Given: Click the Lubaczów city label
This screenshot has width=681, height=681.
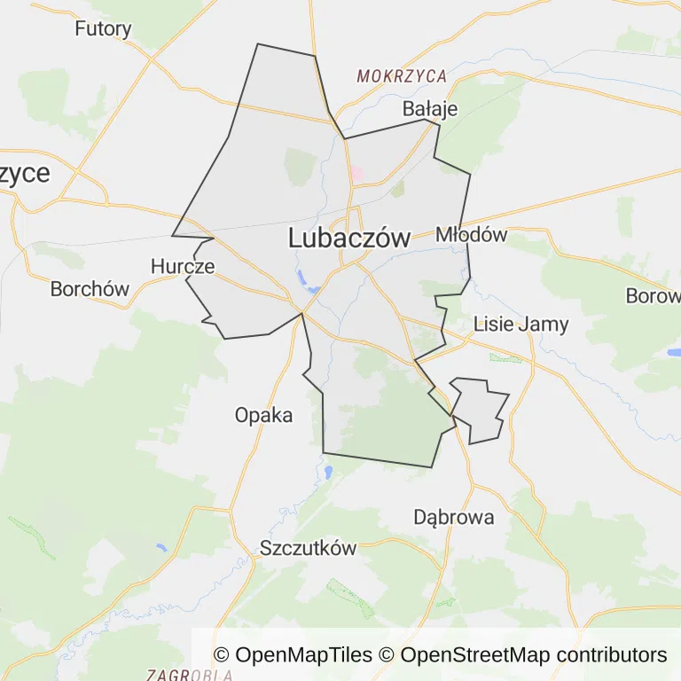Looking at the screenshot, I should pos(349,238).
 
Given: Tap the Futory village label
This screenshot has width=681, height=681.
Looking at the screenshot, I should pos(103,28).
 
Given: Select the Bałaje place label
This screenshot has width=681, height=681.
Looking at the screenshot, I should pos(430,109).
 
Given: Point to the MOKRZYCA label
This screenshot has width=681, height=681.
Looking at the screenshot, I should pos(402,76).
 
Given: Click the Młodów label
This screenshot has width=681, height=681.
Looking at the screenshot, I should pos(471,235).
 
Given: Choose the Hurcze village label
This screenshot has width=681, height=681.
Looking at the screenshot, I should pos(183,266).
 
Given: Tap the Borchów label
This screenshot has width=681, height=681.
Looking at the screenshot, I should pos(90,289).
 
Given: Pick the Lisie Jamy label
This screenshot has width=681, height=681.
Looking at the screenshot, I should pos(521,324).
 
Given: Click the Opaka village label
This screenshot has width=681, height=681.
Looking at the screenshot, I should pos(263,414).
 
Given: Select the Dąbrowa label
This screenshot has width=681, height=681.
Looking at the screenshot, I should pos(454,517).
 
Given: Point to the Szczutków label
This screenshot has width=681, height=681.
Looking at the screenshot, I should pos(308,548).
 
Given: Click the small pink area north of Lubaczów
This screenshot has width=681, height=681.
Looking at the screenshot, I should pos(356,175).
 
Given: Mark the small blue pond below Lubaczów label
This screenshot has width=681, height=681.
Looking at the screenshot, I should pos(313,289).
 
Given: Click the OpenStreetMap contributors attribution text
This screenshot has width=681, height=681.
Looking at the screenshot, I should pos(533,655).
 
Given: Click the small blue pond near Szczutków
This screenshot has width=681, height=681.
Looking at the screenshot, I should pos(329,473).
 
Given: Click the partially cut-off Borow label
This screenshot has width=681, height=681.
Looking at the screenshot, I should pos(653,296).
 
